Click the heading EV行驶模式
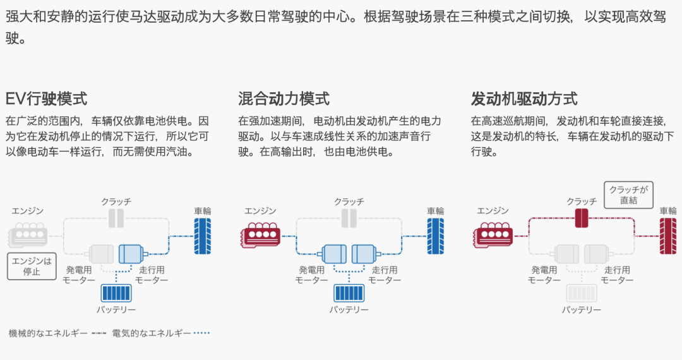pyautogui.click(x=47, y=99)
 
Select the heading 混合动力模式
pyautogui.click(x=284, y=99)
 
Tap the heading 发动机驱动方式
pyautogui.click(x=524, y=99)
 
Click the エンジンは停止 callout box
pyautogui.click(x=32, y=266)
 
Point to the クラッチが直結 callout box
pyautogui.click(x=628, y=195)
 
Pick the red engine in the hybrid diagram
pyautogui.click(x=261, y=235)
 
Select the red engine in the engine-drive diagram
pyautogui.click(x=493, y=235)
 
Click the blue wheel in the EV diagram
pyautogui.click(x=202, y=236)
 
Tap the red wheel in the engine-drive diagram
pyautogui.click(x=668, y=236)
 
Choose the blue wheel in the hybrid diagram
pyautogui.click(x=435, y=236)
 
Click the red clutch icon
pyautogui.click(x=582, y=218)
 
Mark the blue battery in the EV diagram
pyautogui.click(x=116, y=293)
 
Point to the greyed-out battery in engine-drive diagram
pyautogui.click(x=582, y=293)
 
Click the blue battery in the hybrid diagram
pyautogui.click(x=349, y=293)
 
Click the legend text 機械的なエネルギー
pyautogui.click(x=48, y=333)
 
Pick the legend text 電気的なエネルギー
pyautogui.click(x=152, y=333)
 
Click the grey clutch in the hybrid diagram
pyautogui.click(x=349, y=218)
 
